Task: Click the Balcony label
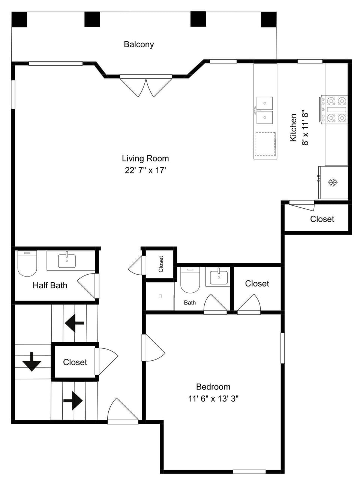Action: click(139, 44)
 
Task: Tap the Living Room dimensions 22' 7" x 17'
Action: click(145, 170)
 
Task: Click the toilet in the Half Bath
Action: click(27, 263)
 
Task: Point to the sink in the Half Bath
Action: click(67, 260)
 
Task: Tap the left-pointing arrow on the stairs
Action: click(74, 323)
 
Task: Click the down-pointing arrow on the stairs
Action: click(32, 362)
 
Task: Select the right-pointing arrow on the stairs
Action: click(73, 400)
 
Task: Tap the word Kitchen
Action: click(293, 128)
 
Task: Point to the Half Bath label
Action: click(50, 285)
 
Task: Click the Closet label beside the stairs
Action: click(75, 362)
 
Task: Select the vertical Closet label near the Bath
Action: click(160, 264)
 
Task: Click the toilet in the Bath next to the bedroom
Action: click(190, 280)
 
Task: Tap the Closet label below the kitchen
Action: click(322, 219)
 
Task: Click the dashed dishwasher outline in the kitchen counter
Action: click(265, 144)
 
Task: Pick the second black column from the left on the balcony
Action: click(92, 20)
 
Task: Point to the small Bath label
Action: click(190, 302)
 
